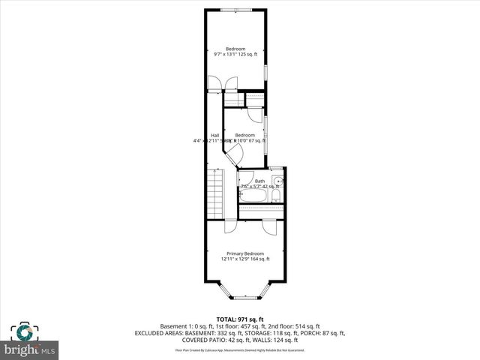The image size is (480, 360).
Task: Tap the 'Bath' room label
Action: [x=259, y=181]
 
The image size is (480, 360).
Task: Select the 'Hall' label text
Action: [x=214, y=135]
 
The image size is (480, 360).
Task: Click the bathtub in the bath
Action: [x=254, y=196]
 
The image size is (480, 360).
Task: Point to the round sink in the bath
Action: [x=278, y=181]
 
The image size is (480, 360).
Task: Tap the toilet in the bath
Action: [x=276, y=196]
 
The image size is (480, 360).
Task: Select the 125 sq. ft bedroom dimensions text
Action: [x=235, y=54]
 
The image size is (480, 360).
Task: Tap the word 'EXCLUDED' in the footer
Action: [x=152, y=333]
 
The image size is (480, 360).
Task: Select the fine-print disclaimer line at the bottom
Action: [x=240, y=349]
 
